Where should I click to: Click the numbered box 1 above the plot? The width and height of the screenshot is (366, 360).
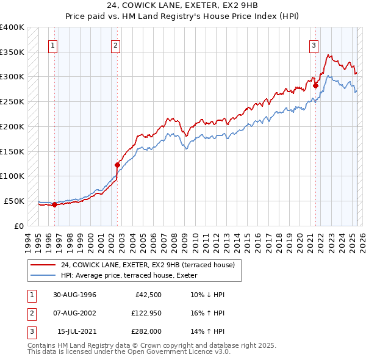click(53, 45)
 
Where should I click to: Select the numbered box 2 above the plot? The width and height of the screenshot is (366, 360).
click(116, 45)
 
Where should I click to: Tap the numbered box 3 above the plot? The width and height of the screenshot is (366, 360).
click(314, 45)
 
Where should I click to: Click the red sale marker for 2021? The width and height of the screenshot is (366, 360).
click(316, 85)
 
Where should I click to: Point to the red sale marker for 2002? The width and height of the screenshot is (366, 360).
click(117, 164)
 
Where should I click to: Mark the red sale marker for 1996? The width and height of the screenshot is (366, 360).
click(54, 204)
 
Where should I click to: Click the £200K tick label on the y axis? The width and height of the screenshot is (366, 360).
click(12, 126)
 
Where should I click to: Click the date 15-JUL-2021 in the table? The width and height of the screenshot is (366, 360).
click(76, 331)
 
